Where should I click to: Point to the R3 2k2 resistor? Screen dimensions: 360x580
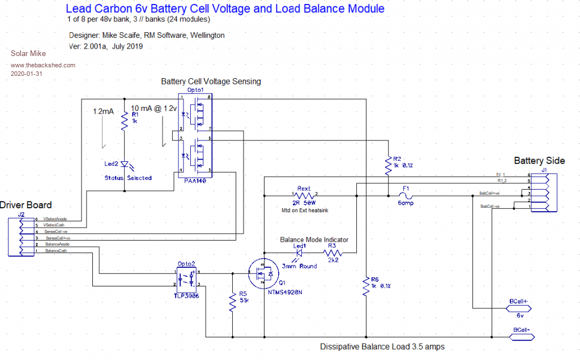(x=333, y=254)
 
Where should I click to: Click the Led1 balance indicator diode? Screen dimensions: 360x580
(x=299, y=253)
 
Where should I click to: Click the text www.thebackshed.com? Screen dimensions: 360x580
(x=43, y=65)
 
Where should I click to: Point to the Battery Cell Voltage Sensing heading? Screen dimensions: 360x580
(x=211, y=82)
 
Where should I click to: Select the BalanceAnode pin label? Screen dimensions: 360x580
(x=58, y=244)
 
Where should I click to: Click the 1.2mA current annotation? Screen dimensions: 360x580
(x=104, y=112)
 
